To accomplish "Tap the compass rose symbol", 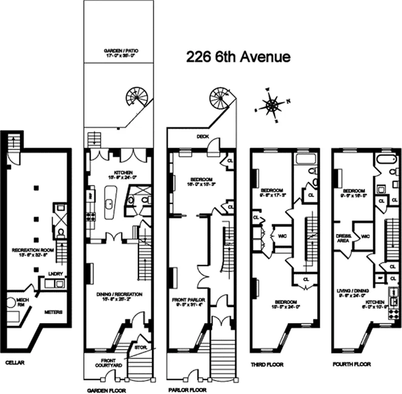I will pos(271,105).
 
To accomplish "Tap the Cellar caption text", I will pos(15,363).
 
